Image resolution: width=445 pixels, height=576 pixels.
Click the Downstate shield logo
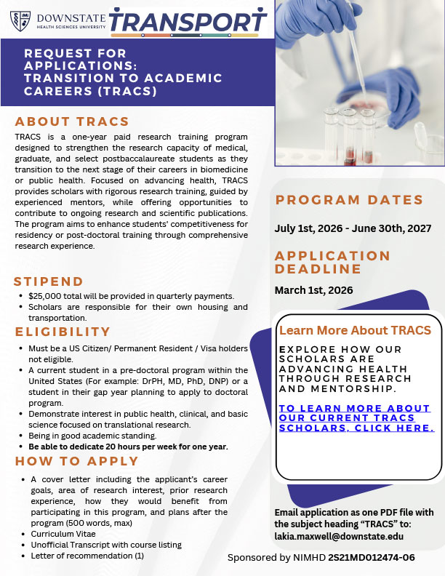[x=20, y=20]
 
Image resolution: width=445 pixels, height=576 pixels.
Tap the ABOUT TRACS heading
[x=72, y=121]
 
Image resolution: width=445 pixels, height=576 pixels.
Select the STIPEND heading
[x=49, y=281]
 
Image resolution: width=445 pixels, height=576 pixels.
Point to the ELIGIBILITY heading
[x=63, y=332]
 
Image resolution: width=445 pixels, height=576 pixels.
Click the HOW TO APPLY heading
[x=76, y=461]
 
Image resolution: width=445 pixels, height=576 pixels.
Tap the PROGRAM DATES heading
[x=349, y=200]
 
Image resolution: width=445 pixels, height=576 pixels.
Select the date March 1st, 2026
[x=314, y=290]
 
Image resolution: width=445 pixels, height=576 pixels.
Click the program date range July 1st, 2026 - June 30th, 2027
[x=353, y=228]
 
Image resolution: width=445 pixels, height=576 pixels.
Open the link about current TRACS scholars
[x=356, y=418]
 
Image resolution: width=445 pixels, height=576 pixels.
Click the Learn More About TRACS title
[x=355, y=330]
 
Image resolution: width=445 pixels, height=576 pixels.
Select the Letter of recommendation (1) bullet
[x=87, y=556]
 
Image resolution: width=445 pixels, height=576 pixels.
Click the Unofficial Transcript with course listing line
[x=106, y=545]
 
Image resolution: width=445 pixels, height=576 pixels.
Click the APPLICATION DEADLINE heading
[x=333, y=263]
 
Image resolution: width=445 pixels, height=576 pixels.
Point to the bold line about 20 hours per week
[x=128, y=446]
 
